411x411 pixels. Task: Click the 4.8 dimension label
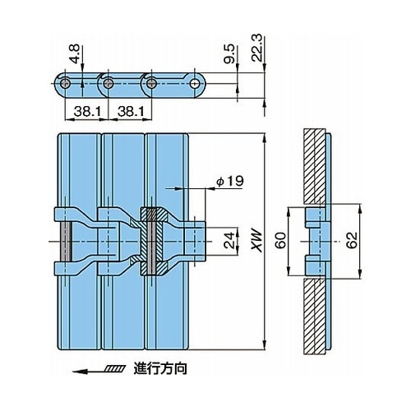(x=75, y=54)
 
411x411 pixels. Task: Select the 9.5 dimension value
(x=229, y=55)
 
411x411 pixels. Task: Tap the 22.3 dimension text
(x=256, y=48)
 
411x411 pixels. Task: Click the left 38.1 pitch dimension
(x=87, y=112)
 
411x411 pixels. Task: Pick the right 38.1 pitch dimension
(x=131, y=112)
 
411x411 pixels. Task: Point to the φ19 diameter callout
(x=230, y=182)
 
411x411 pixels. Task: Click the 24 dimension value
(x=229, y=240)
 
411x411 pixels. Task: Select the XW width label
(x=256, y=241)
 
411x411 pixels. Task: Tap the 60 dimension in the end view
(x=280, y=241)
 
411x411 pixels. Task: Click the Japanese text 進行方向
(x=160, y=368)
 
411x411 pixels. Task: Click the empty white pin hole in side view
(x=195, y=84)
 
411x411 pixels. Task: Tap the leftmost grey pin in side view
(x=66, y=84)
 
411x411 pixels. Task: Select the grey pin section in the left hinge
(x=66, y=241)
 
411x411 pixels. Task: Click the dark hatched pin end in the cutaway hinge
(x=152, y=215)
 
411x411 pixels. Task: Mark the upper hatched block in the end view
(x=315, y=166)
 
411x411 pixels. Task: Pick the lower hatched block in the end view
(x=315, y=316)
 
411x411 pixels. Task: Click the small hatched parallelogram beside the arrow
(x=114, y=368)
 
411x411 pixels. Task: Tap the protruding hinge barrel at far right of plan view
(x=195, y=242)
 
